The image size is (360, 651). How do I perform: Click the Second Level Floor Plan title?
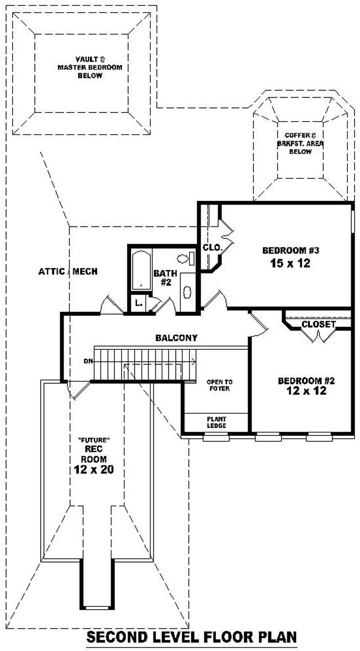tap(191, 637)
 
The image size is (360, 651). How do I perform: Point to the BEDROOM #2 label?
tap(306, 381)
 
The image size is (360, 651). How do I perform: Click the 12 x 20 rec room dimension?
tap(94, 470)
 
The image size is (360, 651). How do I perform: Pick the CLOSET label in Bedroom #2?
tap(318, 324)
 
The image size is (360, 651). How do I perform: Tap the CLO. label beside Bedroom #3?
tap(211, 247)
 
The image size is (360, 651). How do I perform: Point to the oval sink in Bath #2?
tap(187, 292)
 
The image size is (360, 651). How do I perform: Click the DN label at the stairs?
tap(88, 361)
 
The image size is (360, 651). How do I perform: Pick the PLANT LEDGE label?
tap(216, 422)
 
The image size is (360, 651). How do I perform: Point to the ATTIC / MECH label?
tap(67, 271)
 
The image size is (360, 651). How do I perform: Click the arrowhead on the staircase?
tap(193, 361)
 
